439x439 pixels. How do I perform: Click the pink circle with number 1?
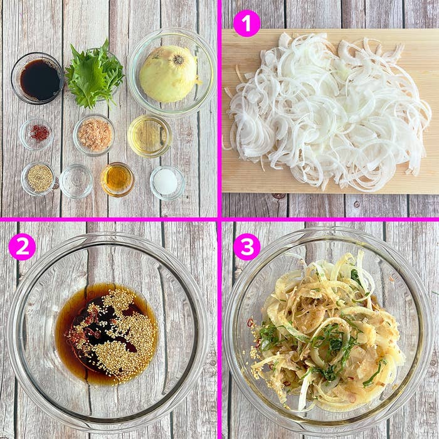(246, 24)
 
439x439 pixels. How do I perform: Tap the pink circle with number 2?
(22, 246)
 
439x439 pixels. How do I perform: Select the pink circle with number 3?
(246, 246)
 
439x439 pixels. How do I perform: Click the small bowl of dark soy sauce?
(38, 78)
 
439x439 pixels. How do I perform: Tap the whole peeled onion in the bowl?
(169, 74)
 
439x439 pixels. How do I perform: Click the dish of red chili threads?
(36, 134)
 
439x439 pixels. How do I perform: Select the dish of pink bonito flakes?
(94, 135)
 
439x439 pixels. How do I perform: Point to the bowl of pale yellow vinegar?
(149, 136)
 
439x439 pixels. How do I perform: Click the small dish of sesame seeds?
(38, 178)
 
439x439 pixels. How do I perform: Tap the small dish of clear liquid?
(76, 181)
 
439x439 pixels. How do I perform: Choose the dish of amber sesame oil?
(118, 179)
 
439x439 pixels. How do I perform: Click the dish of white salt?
(167, 183)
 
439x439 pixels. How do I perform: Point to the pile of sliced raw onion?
(327, 112)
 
